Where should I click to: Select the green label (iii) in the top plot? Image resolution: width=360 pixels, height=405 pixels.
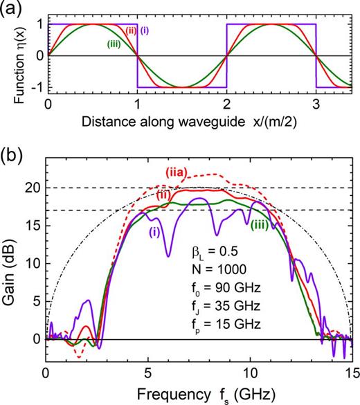tap(116, 45)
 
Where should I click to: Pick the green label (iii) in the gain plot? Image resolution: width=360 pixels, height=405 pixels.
tap(260, 223)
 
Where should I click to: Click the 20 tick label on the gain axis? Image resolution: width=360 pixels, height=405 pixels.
tap(30, 188)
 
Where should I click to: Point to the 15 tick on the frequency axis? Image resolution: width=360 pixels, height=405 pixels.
tap(350, 370)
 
